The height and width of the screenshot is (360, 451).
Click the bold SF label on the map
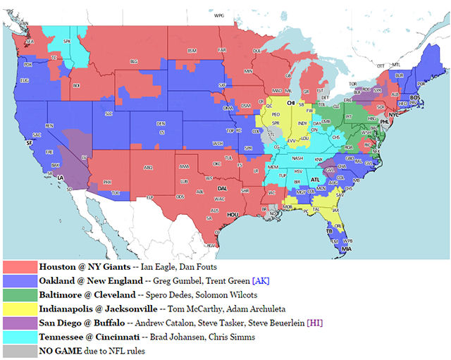(30, 142)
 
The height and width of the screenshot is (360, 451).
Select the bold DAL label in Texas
(223, 188)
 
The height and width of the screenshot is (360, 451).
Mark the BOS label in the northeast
(414, 97)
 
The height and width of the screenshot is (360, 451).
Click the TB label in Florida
(329, 230)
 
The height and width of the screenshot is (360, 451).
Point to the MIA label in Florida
(347, 249)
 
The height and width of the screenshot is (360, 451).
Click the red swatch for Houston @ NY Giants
(20, 268)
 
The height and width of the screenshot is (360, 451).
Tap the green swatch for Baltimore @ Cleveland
(20, 295)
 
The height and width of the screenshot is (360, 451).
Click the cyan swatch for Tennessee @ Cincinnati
(20, 337)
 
